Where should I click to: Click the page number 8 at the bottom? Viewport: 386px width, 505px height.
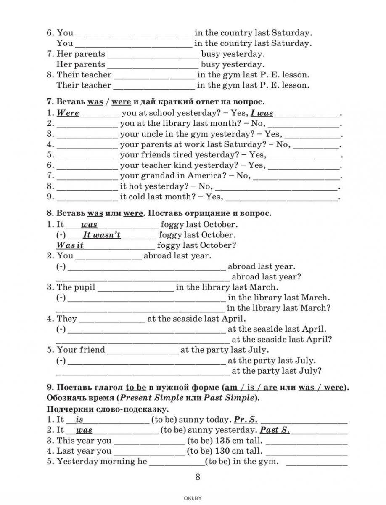[x=197, y=477]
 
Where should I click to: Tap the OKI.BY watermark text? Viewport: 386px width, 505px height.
[x=193, y=498]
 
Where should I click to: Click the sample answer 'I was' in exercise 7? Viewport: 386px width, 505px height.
[x=262, y=113]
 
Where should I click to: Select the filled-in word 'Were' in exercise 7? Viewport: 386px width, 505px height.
[x=68, y=113]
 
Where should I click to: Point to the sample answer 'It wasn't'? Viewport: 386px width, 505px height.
[x=102, y=235]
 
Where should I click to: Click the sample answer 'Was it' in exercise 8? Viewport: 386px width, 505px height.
[x=70, y=245]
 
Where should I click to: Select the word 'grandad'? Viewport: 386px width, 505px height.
[x=154, y=176]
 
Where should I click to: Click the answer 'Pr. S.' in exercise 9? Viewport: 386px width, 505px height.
[x=246, y=420]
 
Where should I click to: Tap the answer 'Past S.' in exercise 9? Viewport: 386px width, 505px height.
[x=275, y=430]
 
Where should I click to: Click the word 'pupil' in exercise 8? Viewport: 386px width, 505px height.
[x=84, y=287]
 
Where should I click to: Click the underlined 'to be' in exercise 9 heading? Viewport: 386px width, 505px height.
[x=135, y=388]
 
